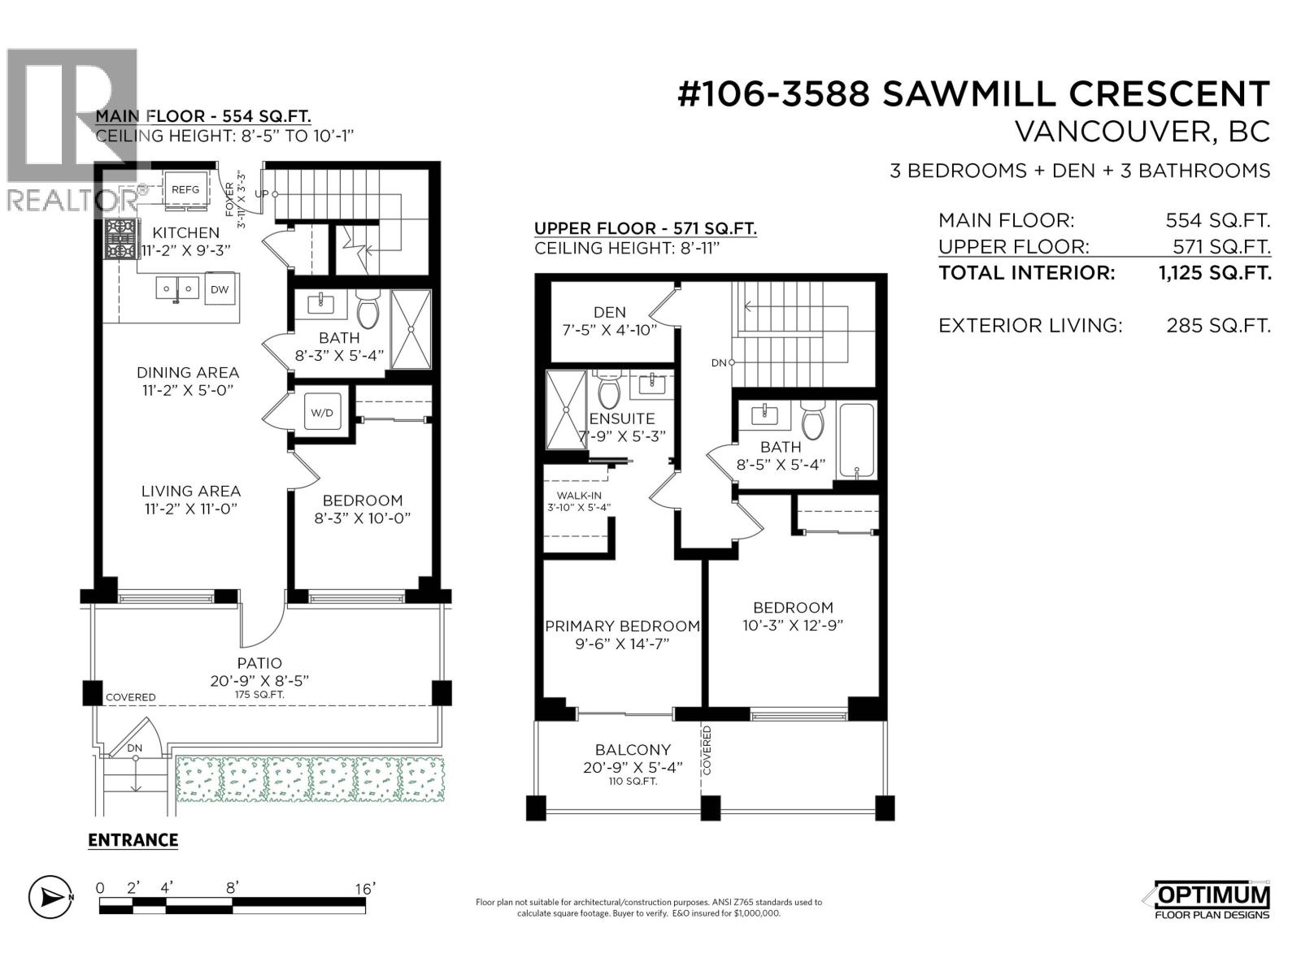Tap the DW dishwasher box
pos(220,289)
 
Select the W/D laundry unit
pos(322,413)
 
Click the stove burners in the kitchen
pos(120,239)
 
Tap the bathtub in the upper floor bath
pos(857,442)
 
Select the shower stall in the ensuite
pos(565,409)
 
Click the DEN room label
pos(610,312)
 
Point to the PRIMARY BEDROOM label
pos(622,626)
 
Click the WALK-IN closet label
pos(579,496)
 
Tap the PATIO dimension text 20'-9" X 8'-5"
pos(259,681)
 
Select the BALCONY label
pos(633,750)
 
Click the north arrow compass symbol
pos(50,897)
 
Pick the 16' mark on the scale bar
pos(364,889)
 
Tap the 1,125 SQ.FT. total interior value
pos(1214,273)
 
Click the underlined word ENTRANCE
pos(133,840)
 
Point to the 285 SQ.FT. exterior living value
pos(1217,326)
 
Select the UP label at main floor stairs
pos(262,194)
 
